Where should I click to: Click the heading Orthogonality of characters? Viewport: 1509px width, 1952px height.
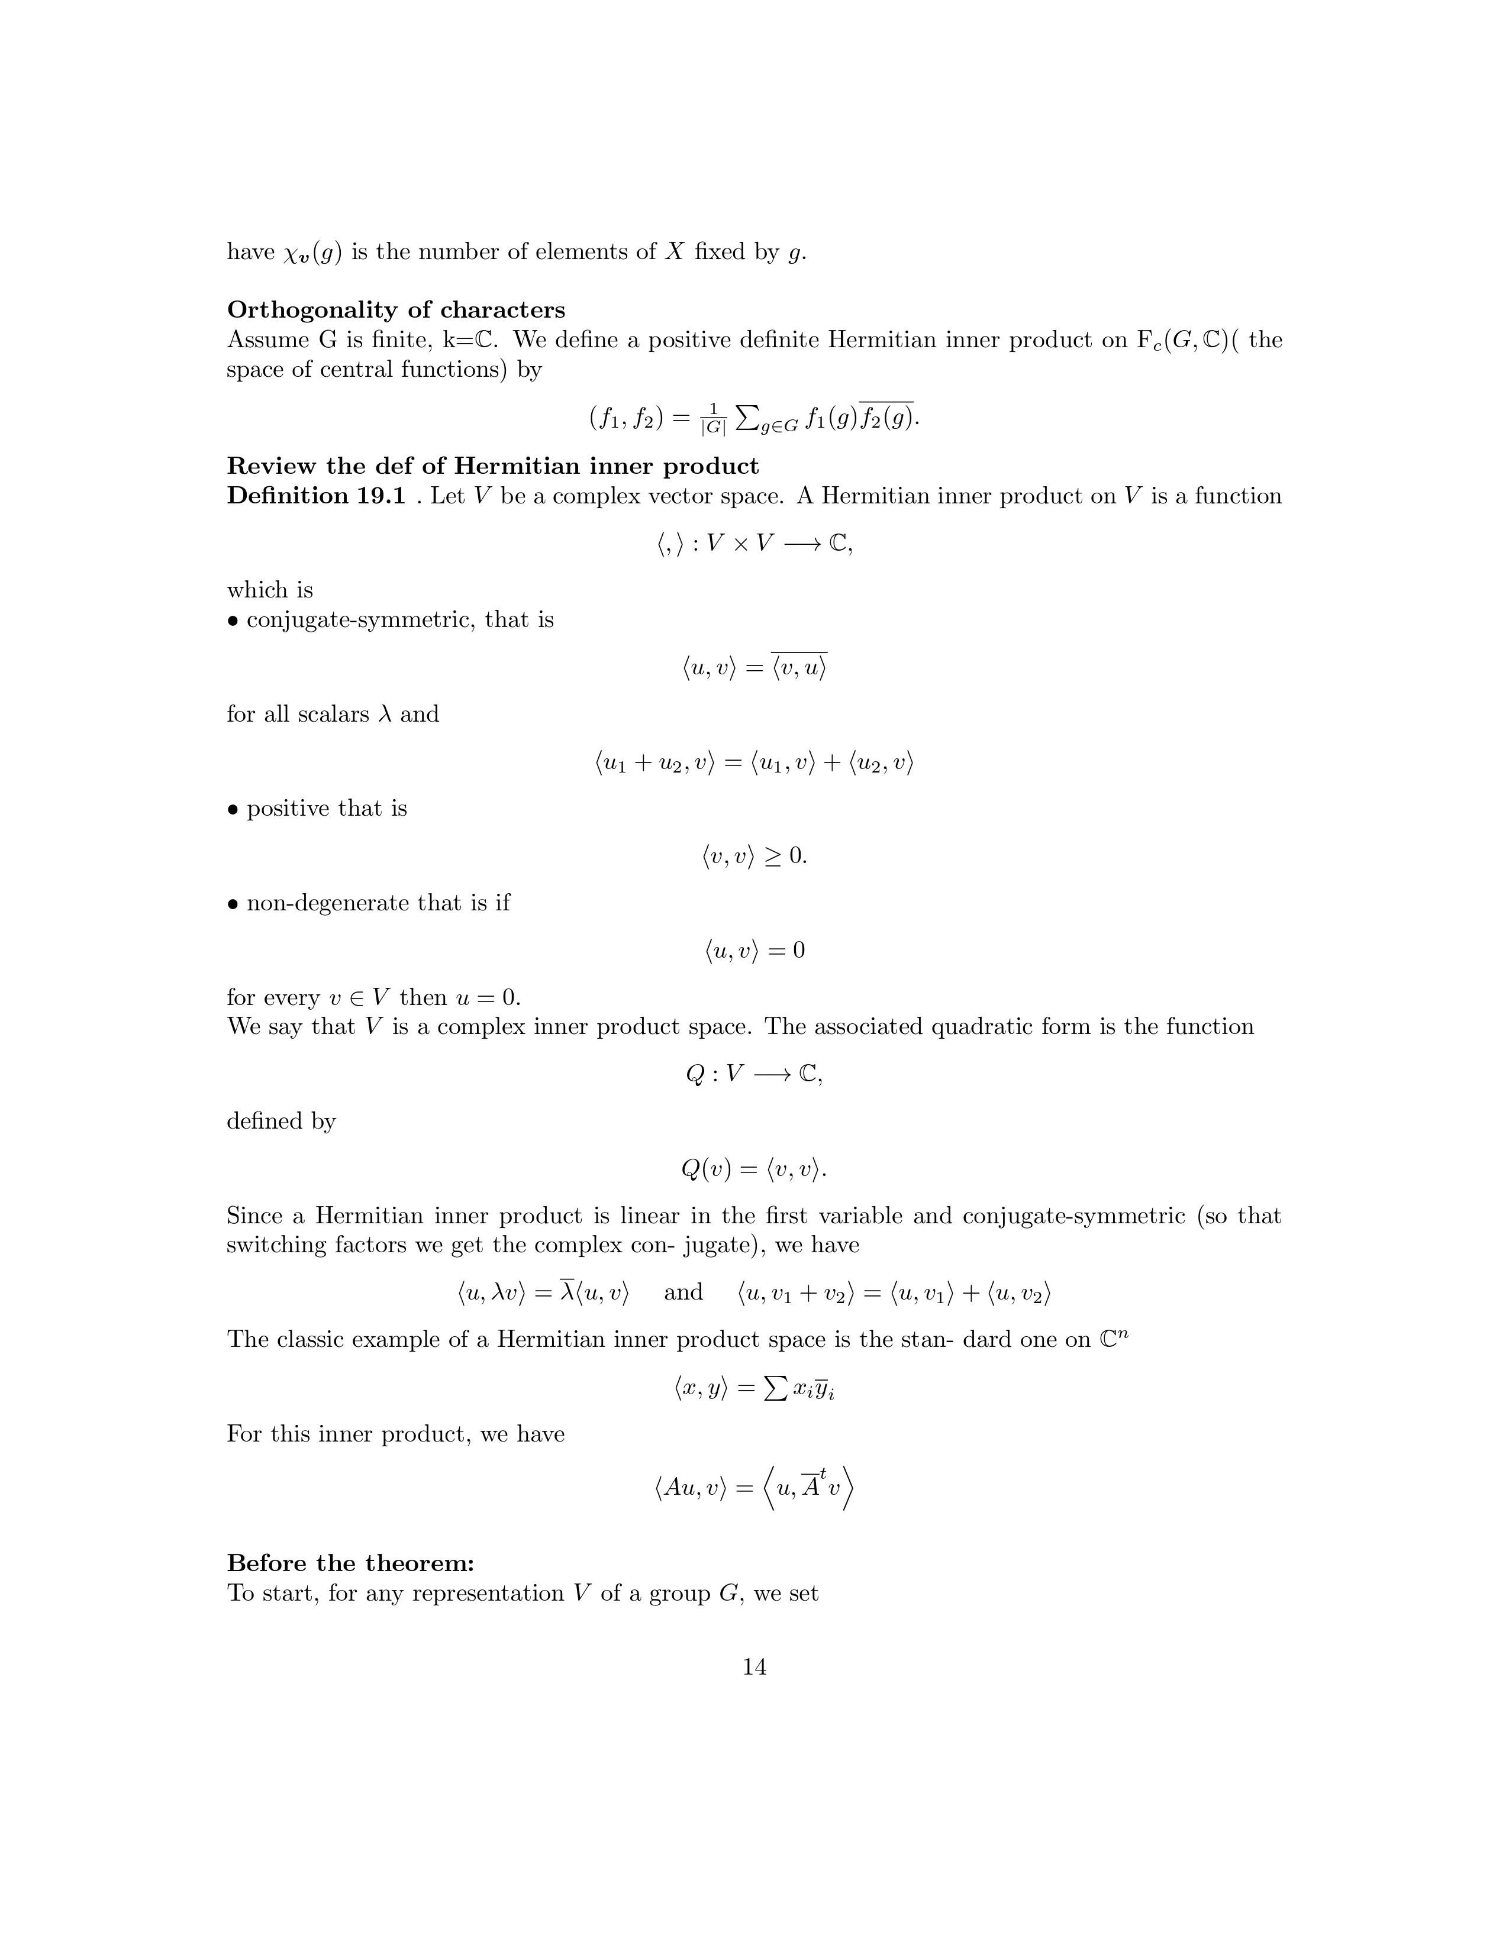point(396,309)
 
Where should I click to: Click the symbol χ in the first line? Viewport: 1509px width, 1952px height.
point(293,253)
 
